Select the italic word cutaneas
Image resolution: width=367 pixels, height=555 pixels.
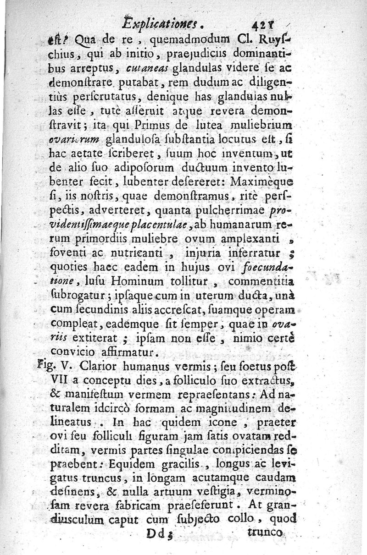[x=150, y=69]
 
